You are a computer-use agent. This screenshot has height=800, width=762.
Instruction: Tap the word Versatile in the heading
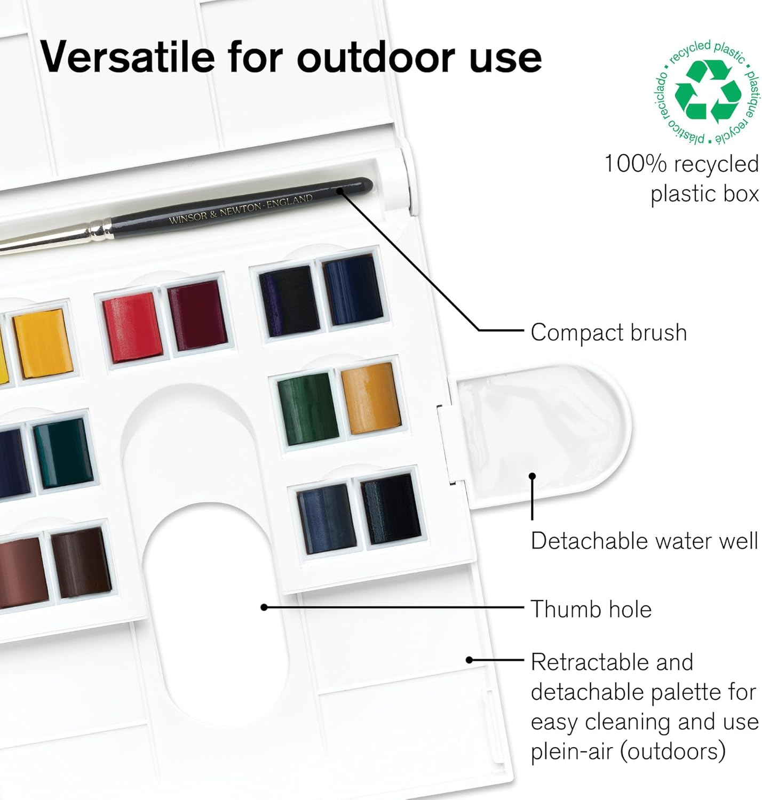point(127,57)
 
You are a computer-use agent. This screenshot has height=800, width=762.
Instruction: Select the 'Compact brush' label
point(608,332)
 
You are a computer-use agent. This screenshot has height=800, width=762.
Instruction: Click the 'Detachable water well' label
point(644,541)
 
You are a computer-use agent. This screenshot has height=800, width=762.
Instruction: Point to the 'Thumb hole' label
point(591,609)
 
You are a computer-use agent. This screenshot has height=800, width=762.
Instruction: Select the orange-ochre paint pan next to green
point(370,398)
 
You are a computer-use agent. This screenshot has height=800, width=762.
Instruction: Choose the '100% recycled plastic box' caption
point(681,179)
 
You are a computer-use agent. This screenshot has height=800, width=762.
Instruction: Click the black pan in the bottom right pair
point(391,509)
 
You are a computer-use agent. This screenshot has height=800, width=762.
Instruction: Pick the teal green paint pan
point(63,453)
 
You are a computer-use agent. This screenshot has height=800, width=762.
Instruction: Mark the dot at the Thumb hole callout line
point(264,607)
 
